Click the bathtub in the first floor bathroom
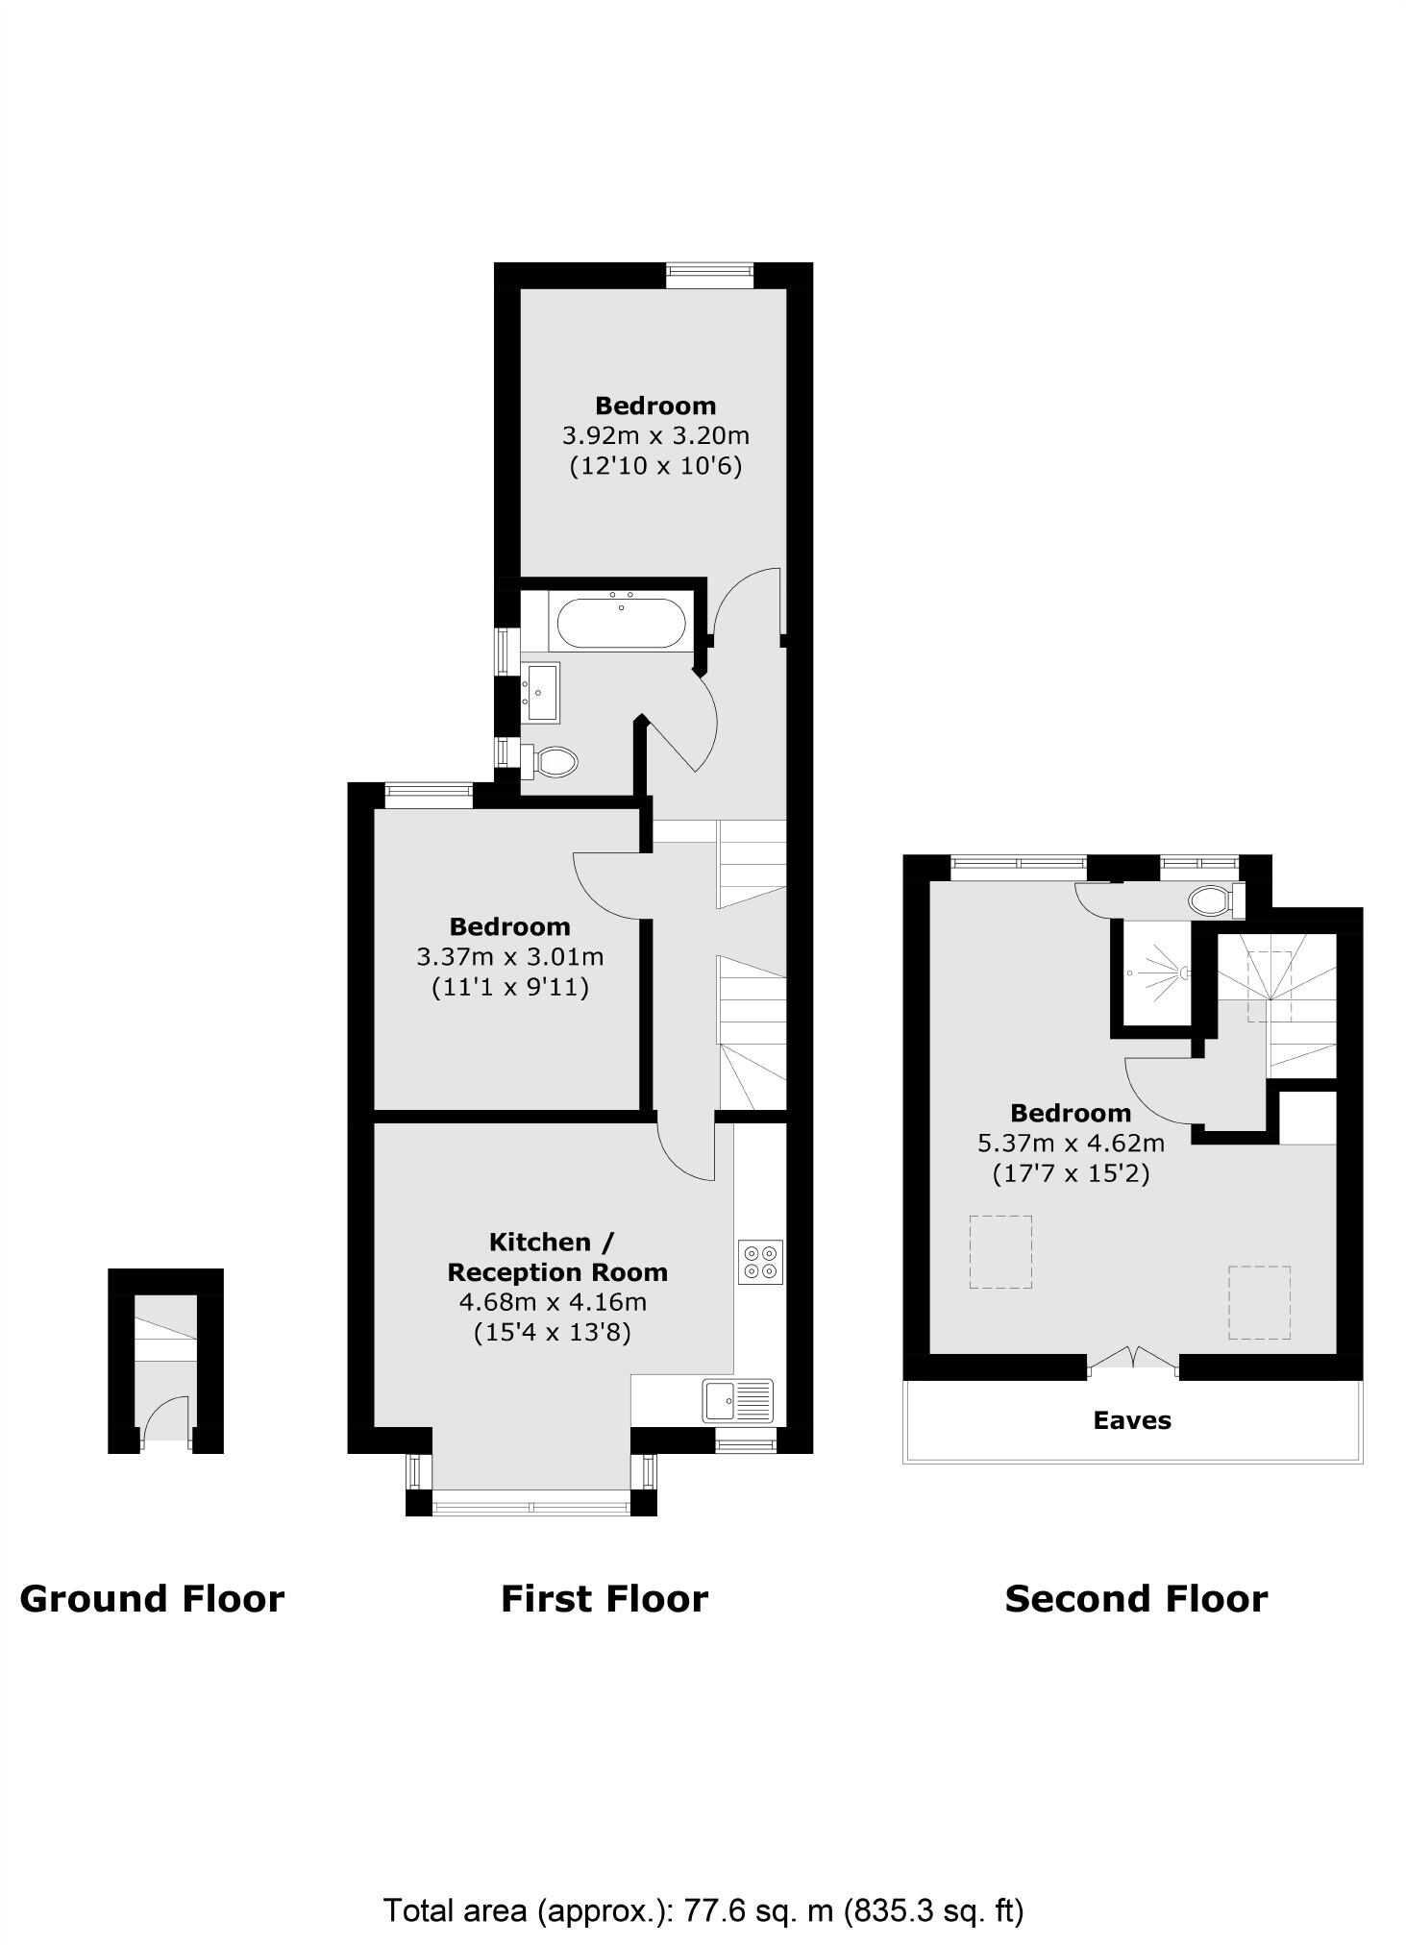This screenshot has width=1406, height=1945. tap(621, 623)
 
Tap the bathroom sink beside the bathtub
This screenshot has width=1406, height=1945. tap(541, 692)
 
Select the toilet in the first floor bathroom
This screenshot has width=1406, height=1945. tap(553, 762)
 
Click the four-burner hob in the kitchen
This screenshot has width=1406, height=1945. tap(760, 1262)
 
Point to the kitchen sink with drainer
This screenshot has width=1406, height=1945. tap(737, 1400)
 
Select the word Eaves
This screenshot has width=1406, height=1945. tap(1132, 1420)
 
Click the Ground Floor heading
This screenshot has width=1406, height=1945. tap(152, 1599)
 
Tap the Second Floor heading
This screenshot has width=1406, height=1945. tap(1136, 1599)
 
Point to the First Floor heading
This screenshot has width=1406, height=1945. tap(604, 1599)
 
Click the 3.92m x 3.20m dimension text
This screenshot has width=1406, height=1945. tap(655, 435)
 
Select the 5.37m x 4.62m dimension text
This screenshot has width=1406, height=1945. tap(1071, 1144)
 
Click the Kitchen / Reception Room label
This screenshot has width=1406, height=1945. tap(556, 1257)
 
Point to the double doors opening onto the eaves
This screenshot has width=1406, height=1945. tap(1134, 1359)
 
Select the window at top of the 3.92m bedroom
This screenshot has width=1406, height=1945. tap(709, 276)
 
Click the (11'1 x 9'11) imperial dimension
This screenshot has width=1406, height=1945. tap(509, 987)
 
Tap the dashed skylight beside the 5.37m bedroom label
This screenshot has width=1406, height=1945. tap(999, 1251)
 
